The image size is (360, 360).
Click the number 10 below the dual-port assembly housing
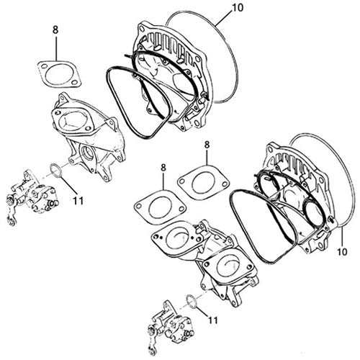pyautogui.click(x=341, y=253)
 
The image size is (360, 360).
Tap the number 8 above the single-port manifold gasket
pyautogui.click(x=54, y=31)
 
